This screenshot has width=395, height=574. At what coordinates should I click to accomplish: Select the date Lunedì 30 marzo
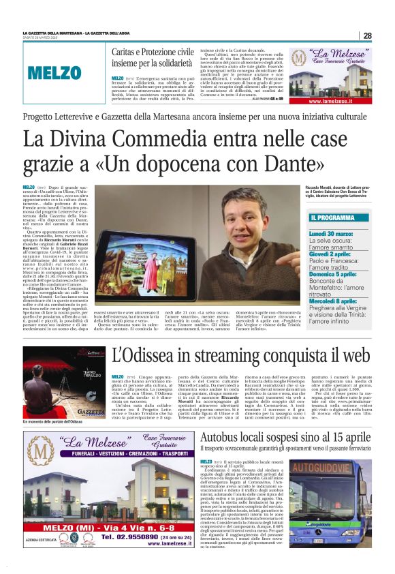tap(332, 233)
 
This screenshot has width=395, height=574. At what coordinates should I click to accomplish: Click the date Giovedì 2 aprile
tap(332, 253)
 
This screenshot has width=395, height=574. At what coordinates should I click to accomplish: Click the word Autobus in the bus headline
tap(223, 436)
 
